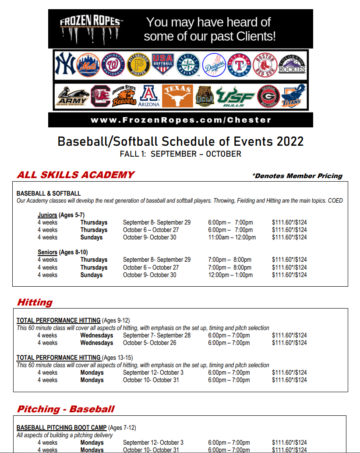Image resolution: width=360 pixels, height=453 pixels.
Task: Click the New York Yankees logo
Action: point(65,64)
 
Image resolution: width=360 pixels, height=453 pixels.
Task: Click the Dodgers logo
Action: point(214,65)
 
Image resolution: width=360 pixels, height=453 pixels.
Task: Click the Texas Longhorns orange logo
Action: point(178,96)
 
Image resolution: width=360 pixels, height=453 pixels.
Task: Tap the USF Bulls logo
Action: point(235,96)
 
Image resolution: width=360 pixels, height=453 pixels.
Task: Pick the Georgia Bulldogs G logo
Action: point(268,96)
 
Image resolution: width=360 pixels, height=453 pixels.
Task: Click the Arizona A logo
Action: point(149,96)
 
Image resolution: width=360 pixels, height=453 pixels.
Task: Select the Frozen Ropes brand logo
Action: point(91,29)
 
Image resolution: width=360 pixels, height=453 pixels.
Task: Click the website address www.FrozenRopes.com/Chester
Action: point(180,120)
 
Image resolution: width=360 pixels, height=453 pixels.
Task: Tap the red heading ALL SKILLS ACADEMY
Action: point(75,175)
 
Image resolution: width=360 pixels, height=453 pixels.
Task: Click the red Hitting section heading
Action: point(35,302)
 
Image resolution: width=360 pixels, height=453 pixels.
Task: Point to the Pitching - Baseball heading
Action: point(66,409)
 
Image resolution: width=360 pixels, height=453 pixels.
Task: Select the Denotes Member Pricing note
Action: point(297,176)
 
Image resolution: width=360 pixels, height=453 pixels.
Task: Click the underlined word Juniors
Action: point(47,215)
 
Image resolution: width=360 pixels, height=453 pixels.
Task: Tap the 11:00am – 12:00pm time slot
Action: point(232,238)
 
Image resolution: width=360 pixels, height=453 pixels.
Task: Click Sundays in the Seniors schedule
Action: point(91,275)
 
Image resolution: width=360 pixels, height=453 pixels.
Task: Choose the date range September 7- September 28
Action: point(157,336)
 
